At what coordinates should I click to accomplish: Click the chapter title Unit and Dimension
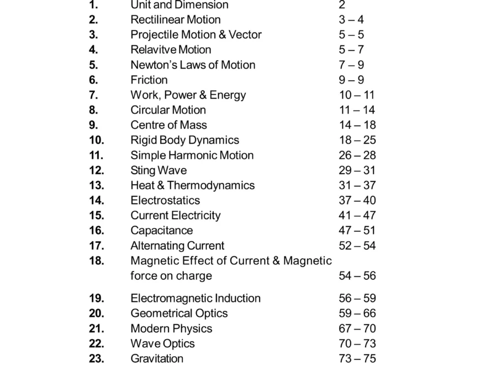tap(179, 5)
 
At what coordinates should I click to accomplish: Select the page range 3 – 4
tap(351, 20)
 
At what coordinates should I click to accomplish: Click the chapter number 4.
tap(93, 50)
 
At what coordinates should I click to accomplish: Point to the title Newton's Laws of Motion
tap(193, 65)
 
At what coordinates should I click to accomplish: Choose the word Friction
tap(149, 80)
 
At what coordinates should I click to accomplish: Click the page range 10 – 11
tap(356, 95)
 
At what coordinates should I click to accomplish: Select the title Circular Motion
tap(168, 110)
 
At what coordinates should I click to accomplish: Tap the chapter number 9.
tap(93, 125)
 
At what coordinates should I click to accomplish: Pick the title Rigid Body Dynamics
tap(184, 140)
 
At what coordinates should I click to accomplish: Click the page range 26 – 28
tap(357, 155)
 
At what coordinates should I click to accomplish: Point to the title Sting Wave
tap(159, 170)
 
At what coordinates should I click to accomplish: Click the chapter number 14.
tap(96, 200)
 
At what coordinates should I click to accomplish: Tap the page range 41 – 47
tap(357, 216)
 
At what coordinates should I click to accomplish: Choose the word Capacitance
tap(161, 231)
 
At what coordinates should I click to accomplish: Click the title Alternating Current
tap(177, 246)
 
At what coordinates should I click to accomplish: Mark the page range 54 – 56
tap(357, 275)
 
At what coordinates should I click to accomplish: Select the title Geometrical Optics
tap(179, 313)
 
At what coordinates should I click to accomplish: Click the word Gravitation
tap(157, 358)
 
